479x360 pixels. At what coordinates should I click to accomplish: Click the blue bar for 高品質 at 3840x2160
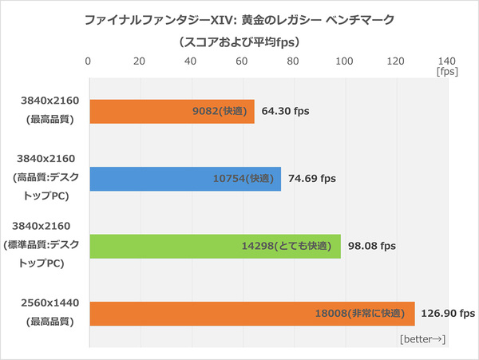tap(184, 179)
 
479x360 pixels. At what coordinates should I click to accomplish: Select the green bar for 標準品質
tap(216, 246)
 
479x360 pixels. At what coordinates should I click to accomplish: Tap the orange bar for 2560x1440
tap(251, 313)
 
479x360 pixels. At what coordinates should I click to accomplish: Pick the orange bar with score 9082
tap(172, 112)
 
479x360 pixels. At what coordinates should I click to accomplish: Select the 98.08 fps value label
tap(374, 246)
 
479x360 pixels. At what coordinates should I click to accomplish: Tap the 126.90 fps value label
tap(448, 313)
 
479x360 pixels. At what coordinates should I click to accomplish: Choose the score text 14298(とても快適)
tap(288, 246)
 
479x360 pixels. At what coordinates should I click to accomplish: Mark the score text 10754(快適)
tap(236, 179)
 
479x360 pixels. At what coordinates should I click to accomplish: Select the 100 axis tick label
tap(344, 60)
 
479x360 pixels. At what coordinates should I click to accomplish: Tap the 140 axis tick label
tap(446, 60)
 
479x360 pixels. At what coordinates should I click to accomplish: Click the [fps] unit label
tap(447, 72)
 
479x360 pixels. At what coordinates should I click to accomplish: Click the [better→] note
tap(422, 340)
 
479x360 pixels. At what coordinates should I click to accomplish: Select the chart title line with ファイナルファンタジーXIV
tap(239, 18)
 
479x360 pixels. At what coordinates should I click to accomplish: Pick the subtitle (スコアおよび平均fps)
tap(239, 40)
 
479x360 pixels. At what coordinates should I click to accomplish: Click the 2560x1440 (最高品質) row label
tap(47, 314)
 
